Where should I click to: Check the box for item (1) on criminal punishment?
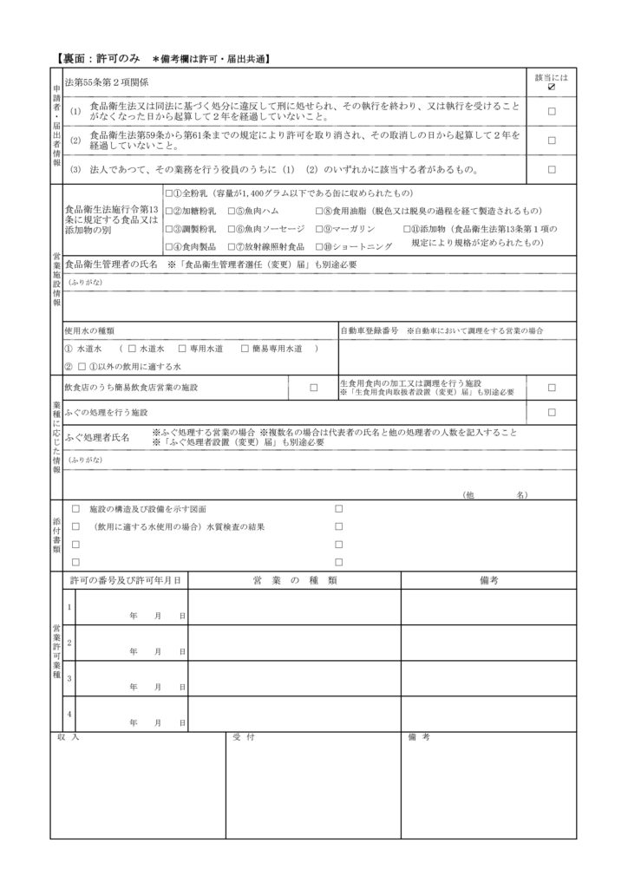click(552, 112)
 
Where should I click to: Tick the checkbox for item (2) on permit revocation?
click(552, 140)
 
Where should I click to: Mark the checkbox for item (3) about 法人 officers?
click(552, 169)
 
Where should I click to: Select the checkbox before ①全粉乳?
click(170, 193)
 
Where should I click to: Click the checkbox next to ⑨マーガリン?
click(320, 229)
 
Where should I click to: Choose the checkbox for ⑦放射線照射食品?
click(232, 247)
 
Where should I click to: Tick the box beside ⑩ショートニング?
click(320, 247)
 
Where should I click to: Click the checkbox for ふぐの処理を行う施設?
click(552, 412)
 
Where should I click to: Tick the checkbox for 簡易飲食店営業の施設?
click(313, 387)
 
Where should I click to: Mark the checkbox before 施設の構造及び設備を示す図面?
click(76, 508)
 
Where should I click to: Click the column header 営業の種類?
click(294, 580)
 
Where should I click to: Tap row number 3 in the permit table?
click(69, 677)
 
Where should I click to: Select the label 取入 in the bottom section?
click(69, 737)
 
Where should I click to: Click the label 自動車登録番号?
click(369, 330)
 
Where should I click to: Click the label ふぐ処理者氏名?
click(97, 438)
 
